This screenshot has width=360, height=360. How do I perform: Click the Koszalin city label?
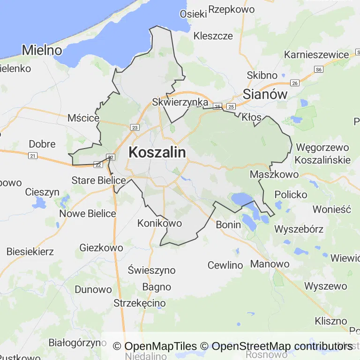coord(157,152)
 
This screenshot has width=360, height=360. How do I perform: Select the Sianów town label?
coord(265,94)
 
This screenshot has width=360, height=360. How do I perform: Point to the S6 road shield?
coord(319,69)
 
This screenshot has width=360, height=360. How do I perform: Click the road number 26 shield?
coord(294,83)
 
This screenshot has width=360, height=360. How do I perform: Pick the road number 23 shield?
coord(135,127)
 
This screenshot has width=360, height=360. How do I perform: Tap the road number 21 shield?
coord(32,156)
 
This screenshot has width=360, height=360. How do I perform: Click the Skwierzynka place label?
coord(180,102)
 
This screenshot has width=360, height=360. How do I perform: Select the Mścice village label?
coord(83,118)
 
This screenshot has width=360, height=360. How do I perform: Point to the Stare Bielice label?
coord(98,180)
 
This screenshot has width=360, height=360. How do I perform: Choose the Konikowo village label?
coord(159,223)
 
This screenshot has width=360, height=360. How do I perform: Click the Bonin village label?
coord(228,225)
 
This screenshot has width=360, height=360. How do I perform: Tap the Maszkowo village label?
coord(274,174)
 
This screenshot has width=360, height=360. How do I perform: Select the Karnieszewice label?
coord(316,54)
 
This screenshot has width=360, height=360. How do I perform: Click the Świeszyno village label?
coord(152,270)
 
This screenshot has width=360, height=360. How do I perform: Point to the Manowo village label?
coord(270,263)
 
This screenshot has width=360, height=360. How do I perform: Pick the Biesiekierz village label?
coord(30,251)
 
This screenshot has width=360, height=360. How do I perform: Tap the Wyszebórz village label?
coord(299,229)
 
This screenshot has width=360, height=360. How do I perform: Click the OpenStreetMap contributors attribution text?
coord(282,346)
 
